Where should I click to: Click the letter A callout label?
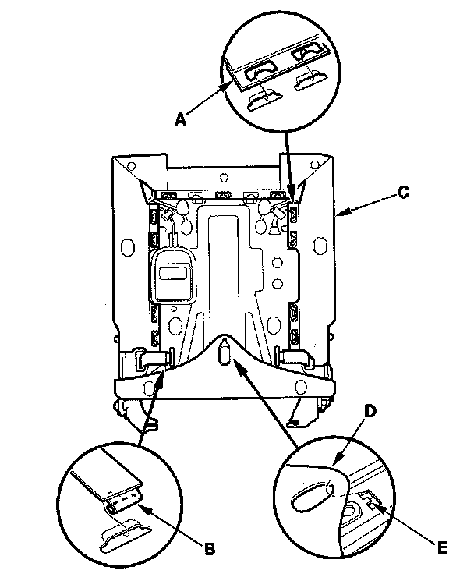click(x=180, y=120)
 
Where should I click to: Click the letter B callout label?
click(x=210, y=549)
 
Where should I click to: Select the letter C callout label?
click(x=404, y=193)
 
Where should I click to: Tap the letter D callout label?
click(x=370, y=412)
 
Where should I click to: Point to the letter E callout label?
click(x=443, y=548)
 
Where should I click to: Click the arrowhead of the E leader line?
click(x=375, y=507)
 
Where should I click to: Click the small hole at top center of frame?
click(x=224, y=176)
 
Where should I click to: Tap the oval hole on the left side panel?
click(x=127, y=246)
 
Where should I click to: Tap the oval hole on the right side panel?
click(x=319, y=246)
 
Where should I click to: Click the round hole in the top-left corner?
click(x=131, y=165)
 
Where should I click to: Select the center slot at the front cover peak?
click(x=224, y=351)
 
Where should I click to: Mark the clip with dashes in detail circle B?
click(x=122, y=501)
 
